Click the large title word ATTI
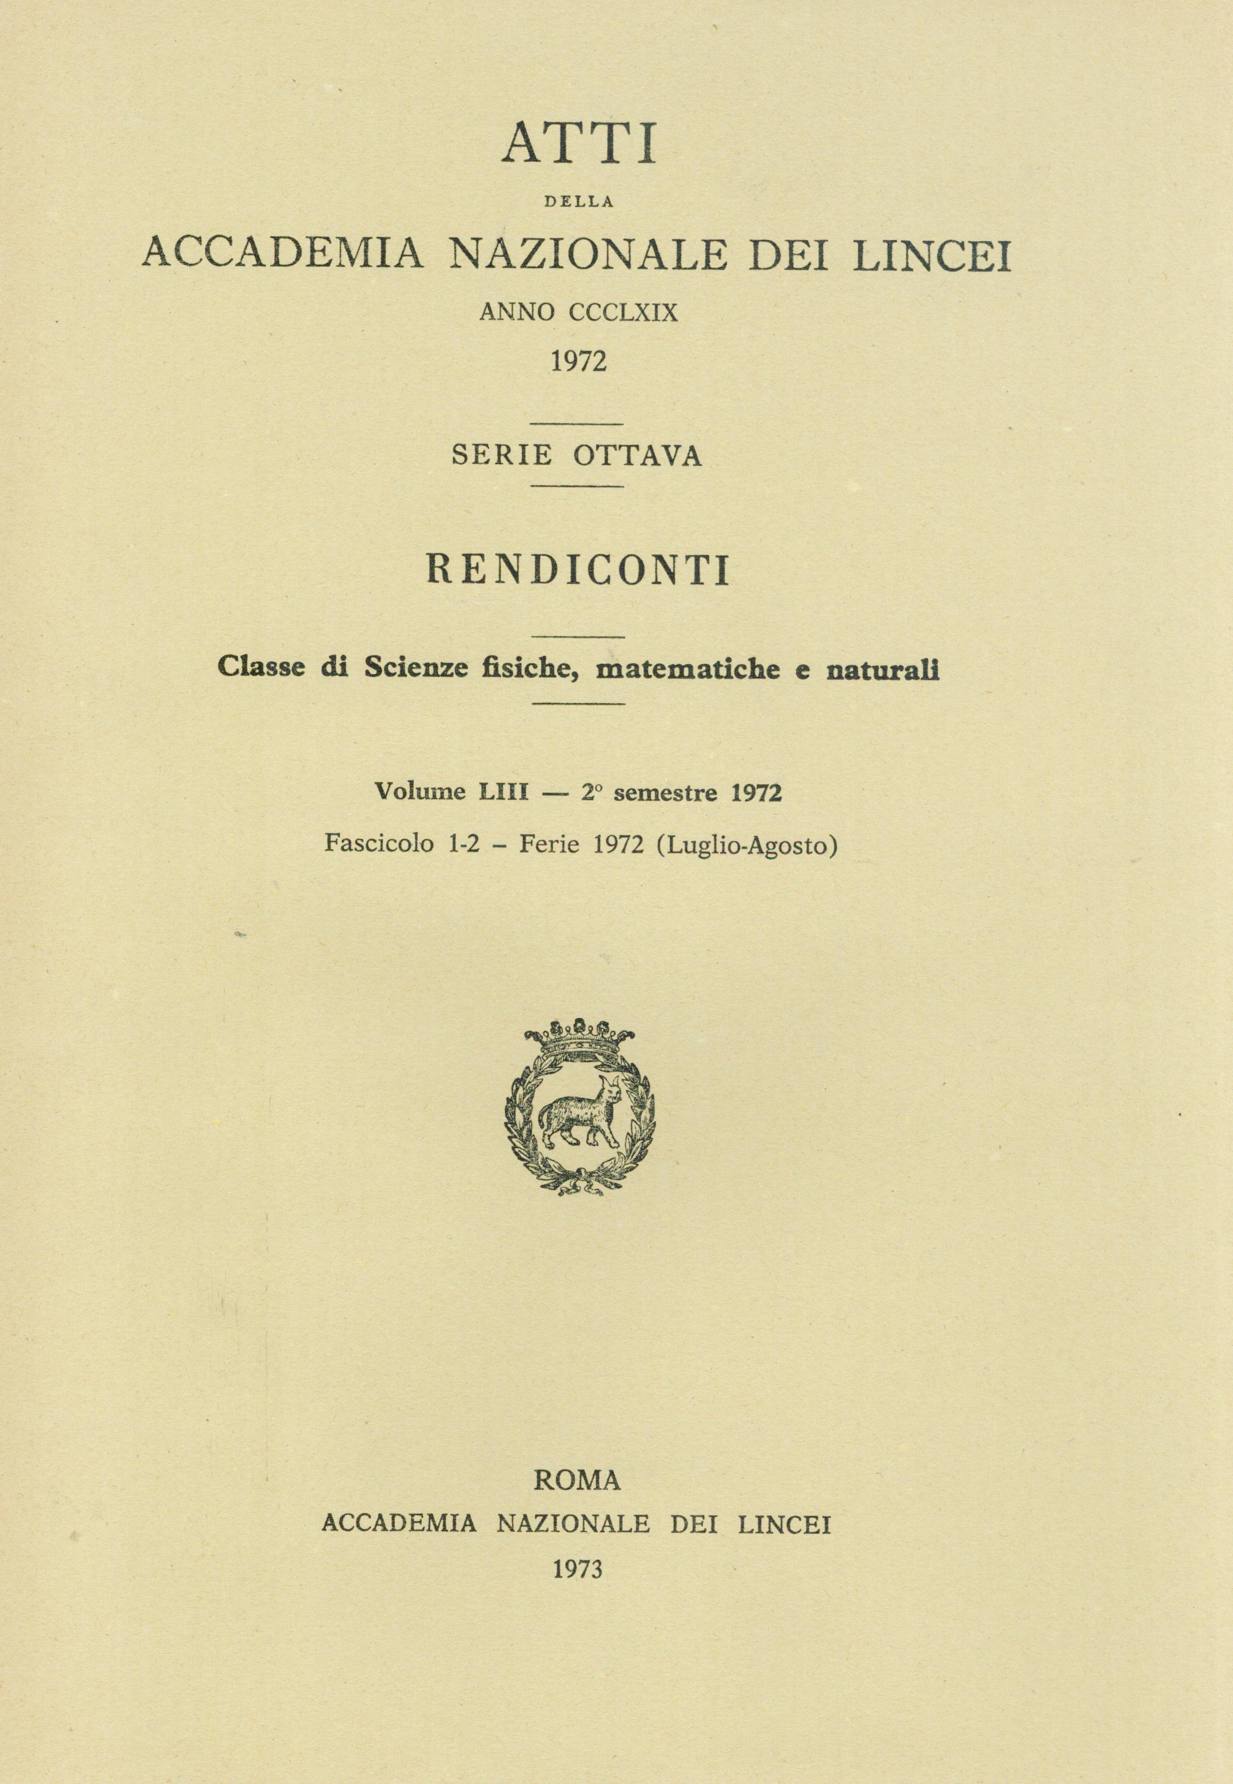(579, 141)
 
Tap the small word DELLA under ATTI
(579, 203)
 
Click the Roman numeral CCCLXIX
(623, 312)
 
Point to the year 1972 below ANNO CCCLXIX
(578, 360)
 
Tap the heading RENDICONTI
(579, 572)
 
